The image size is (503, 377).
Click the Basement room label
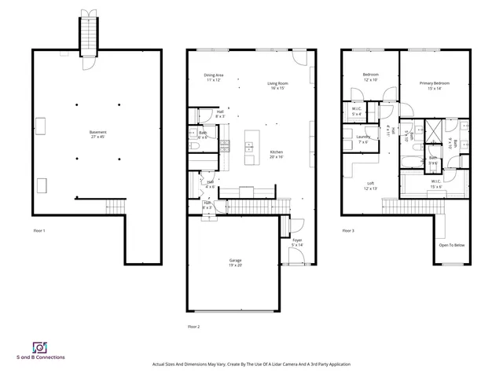(x=98, y=132)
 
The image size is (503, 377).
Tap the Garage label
(x=236, y=259)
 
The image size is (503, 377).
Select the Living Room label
(x=277, y=82)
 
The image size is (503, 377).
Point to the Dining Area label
(x=214, y=75)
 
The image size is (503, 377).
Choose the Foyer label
(x=296, y=240)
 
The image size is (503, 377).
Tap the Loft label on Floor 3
(x=370, y=183)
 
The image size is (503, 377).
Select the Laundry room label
(x=363, y=137)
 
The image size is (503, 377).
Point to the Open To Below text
(x=452, y=245)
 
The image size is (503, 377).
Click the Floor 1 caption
(x=39, y=230)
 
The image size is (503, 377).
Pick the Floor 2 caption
(x=193, y=326)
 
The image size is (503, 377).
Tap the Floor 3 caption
(x=348, y=230)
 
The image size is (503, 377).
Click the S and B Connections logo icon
(x=39, y=346)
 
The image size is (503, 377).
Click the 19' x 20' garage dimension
(x=236, y=265)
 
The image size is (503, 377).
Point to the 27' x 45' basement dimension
(x=98, y=137)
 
